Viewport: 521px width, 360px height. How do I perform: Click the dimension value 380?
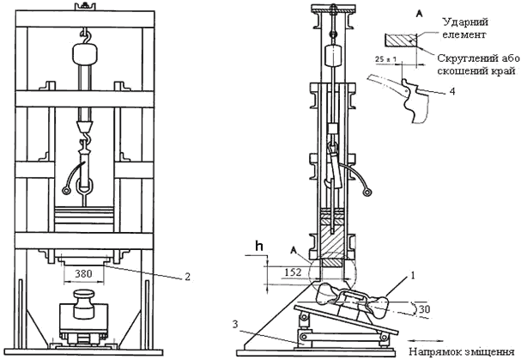click(83, 273)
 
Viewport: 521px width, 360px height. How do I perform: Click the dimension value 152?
click(293, 272)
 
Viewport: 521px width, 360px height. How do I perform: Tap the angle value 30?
click(424, 309)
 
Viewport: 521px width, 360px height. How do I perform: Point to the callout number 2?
click(187, 277)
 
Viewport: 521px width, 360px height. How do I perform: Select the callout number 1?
click(413, 276)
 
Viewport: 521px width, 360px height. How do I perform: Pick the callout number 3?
click(235, 324)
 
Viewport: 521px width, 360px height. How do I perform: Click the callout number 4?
click(452, 91)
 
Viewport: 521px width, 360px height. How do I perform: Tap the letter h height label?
click(259, 247)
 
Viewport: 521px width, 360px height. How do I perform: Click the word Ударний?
click(465, 22)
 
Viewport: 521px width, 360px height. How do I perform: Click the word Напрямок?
click(431, 351)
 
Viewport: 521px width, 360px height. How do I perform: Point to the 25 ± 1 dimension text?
click(385, 59)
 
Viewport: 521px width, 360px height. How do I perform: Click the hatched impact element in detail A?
click(401, 40)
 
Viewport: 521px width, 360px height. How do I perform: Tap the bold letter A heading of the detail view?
click(420, 14)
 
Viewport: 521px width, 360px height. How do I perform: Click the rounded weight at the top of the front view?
click(85, 54)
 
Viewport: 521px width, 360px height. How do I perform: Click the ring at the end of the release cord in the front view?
click(66, 191)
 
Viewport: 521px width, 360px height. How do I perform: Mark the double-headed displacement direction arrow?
click(427, 341)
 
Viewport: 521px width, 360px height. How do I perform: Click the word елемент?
click(464, 34)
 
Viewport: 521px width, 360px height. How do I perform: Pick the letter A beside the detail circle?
click(294, 250)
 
